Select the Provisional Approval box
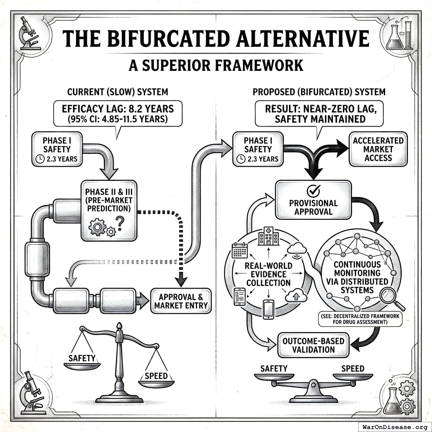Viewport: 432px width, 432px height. [313, 200]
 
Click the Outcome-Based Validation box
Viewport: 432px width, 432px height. [313, 345]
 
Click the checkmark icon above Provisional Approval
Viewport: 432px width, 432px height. [313, 190]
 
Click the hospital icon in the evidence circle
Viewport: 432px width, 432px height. [268, 236]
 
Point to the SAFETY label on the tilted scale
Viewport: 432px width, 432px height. [82, 358]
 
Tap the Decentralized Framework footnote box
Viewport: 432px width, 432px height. [360, 319]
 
